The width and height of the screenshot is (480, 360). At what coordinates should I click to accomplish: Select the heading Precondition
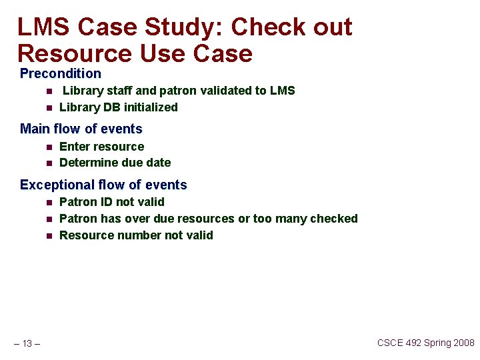[x=61, y=73]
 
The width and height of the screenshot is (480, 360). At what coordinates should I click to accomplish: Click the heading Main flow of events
[x=81, y=129]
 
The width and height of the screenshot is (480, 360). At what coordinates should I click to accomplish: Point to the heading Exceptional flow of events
[x=103, y=185]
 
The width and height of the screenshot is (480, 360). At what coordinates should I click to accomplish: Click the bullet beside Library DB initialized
[x=49, y=108]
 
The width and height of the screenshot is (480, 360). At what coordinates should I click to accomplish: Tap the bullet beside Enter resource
[x=49, y=147]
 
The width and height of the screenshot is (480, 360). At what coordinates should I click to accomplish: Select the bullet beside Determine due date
[x=49, y=163]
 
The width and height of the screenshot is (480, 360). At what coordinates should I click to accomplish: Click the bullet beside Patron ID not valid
[x=49, y=203]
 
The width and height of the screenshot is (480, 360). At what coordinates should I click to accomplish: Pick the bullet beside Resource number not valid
[x=49, y=235]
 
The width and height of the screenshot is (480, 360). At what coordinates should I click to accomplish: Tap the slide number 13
[x=27, y=343]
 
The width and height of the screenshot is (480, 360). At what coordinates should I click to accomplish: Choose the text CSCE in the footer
[x=391, y=343]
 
